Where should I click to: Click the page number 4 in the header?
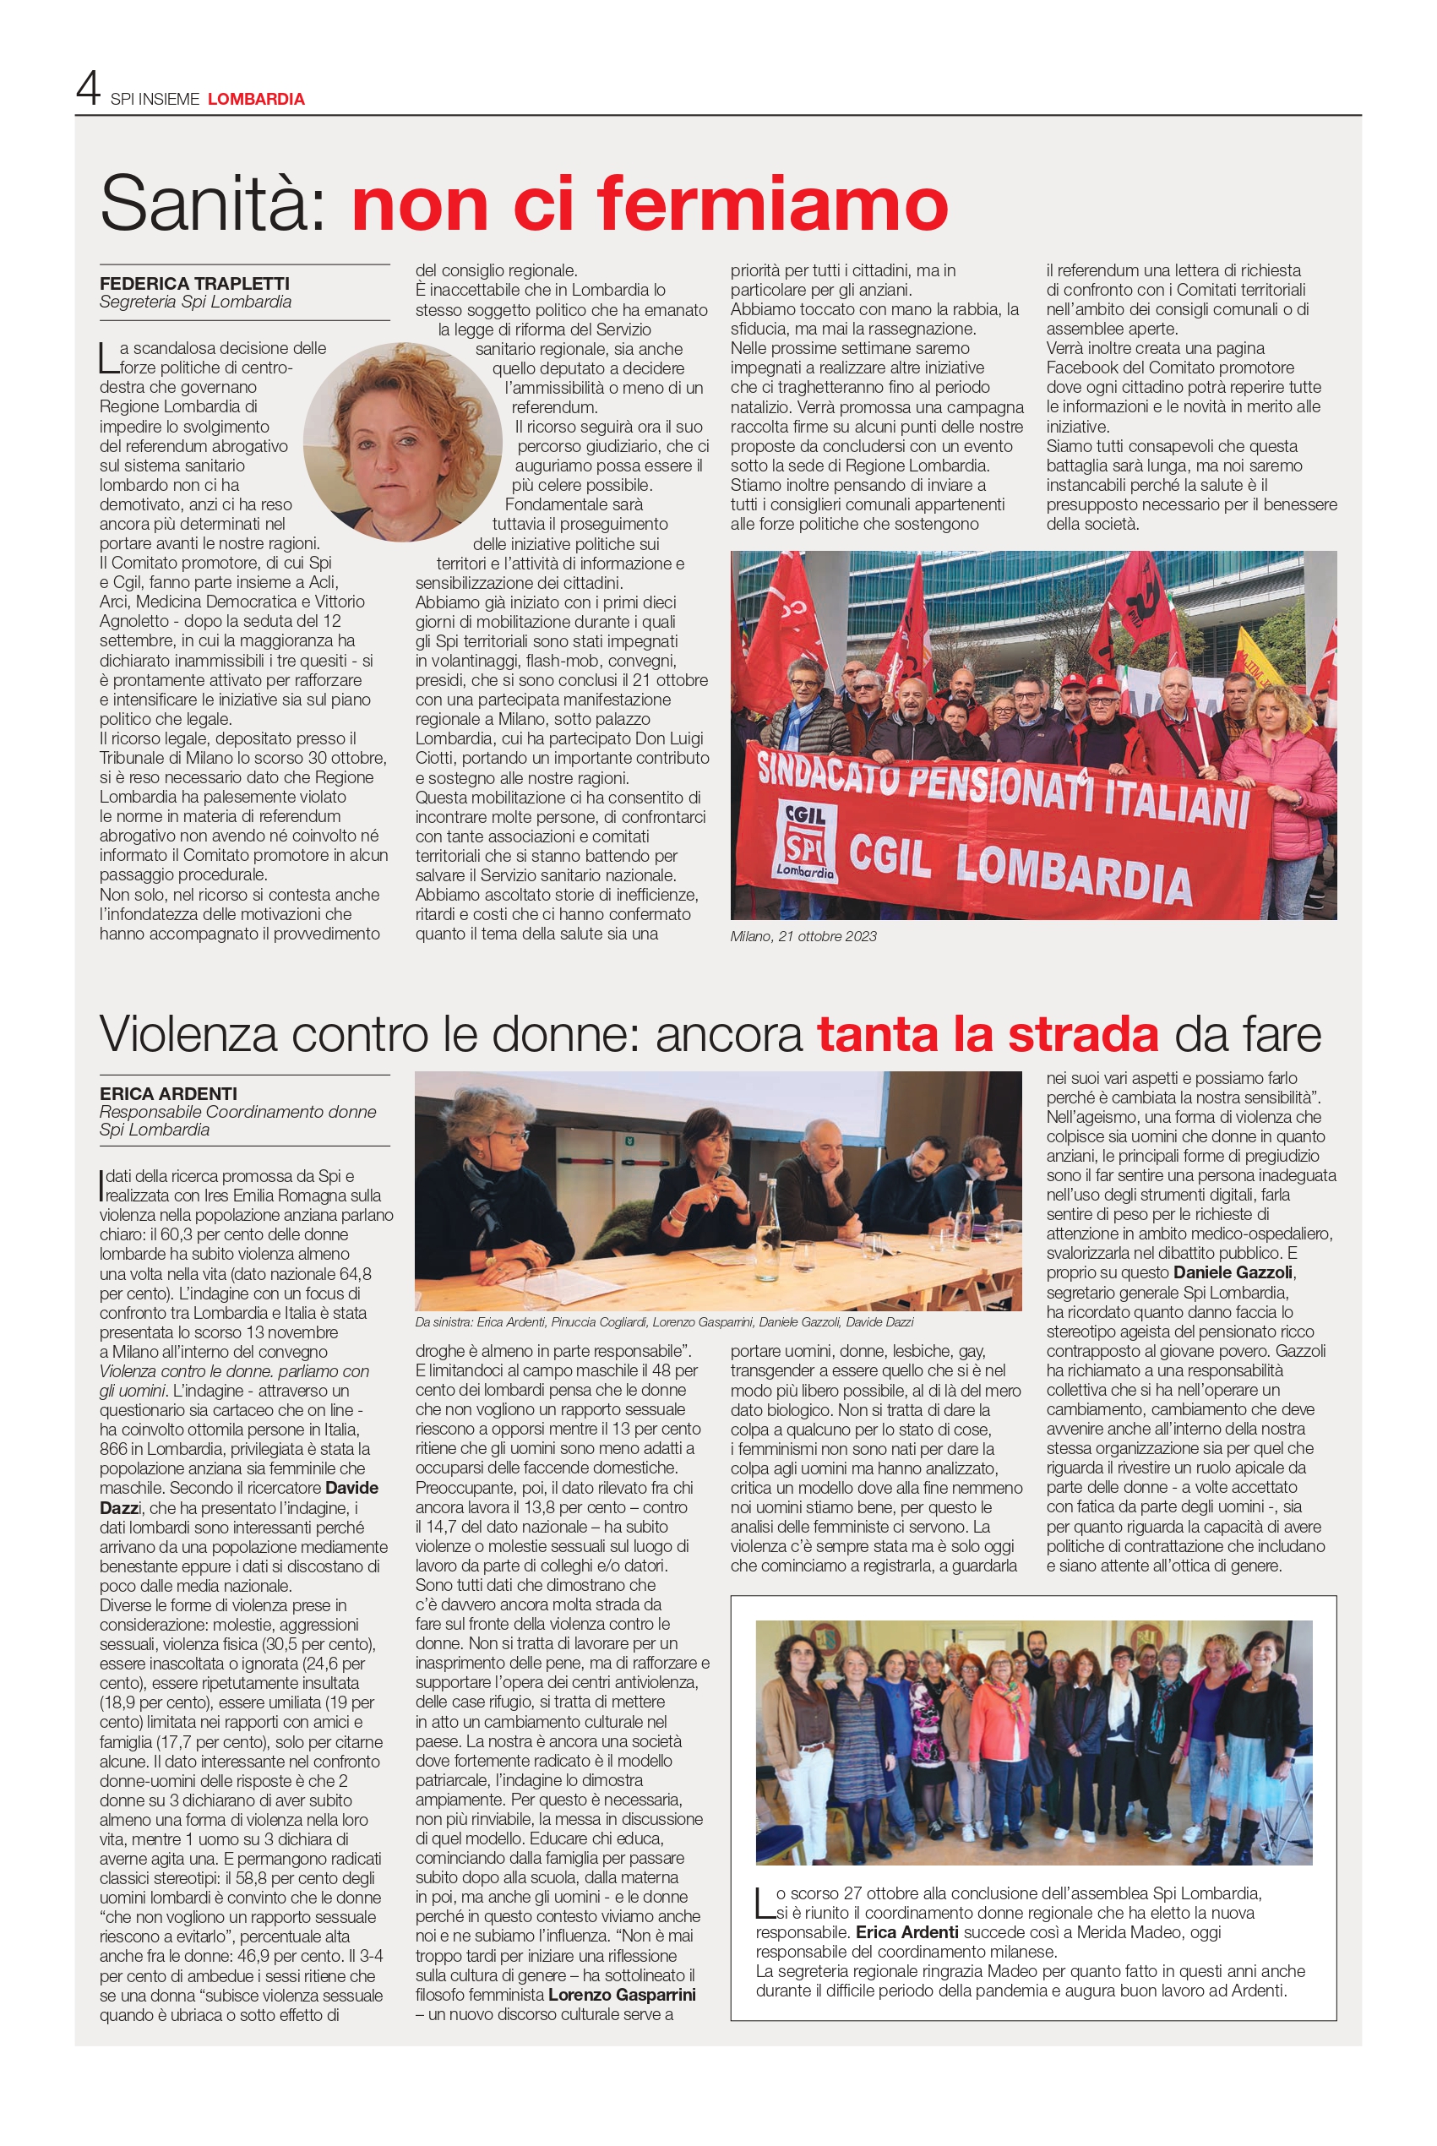87,89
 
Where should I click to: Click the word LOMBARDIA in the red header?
256,99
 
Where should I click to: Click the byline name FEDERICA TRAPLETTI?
194,283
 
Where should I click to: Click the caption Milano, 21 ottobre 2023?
803,935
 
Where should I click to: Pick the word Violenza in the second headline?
188,1033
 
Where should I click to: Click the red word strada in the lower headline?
1083,1033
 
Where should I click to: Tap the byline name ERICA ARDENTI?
168,1093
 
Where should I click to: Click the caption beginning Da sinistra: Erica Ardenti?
663,1321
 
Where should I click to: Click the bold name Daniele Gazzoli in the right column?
1233,1272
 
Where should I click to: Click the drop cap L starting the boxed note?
764,1900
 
